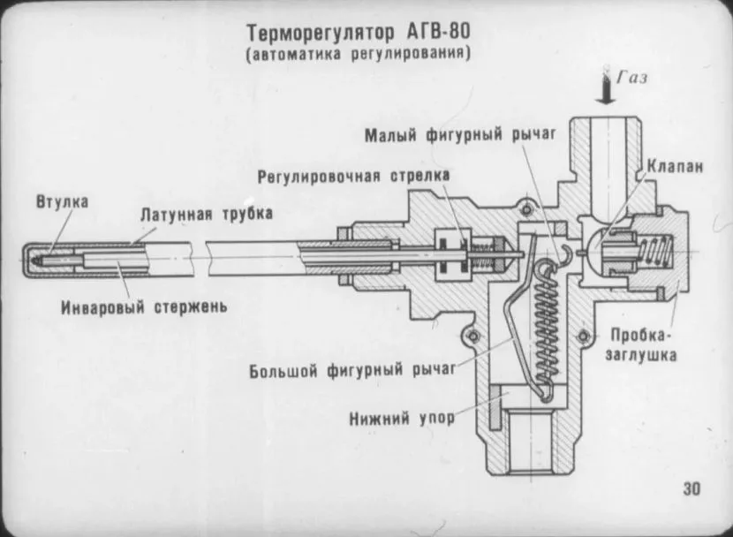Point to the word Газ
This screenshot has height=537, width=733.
(631, 77)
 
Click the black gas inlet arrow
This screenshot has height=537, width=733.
(606, 89)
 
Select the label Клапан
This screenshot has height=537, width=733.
(675, 165)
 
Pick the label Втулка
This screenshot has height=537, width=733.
(62, 201)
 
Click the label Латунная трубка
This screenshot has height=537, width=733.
(207, 214)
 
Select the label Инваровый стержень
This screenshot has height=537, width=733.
(145, 307)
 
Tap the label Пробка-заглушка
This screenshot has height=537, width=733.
(643, 345)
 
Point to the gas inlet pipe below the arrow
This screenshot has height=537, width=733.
(606, 146)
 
